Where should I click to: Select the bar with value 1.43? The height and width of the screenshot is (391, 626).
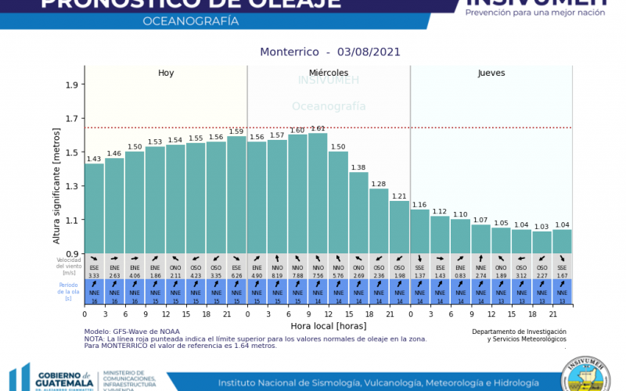94,208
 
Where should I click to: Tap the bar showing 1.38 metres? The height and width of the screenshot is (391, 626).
358,212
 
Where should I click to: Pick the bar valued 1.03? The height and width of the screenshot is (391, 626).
541,242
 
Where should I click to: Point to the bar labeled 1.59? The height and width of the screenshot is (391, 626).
236,195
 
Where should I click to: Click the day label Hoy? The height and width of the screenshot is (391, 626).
166,73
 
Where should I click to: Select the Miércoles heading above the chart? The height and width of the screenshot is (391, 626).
328,73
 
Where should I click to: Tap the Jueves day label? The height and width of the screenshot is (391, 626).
491,73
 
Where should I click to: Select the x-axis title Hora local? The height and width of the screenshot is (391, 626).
329,325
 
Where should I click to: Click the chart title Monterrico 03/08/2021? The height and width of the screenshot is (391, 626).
329,52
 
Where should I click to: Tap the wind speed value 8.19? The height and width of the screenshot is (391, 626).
277,275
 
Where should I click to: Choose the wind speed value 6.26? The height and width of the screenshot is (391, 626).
236,275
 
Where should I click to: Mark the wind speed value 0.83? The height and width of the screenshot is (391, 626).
460,275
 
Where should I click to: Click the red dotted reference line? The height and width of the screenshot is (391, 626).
329,127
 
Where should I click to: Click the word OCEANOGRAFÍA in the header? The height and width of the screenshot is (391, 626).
191,21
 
